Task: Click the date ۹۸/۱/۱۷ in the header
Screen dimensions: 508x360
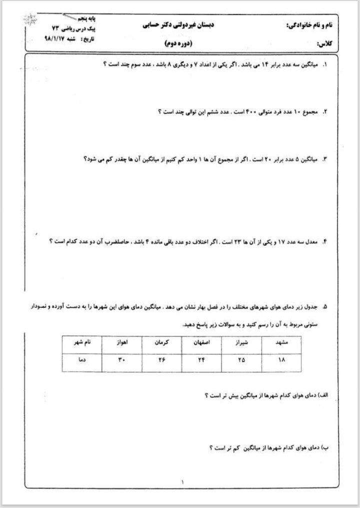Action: coord(57,39)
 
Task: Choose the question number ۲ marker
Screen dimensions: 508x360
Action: coord(324,112)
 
